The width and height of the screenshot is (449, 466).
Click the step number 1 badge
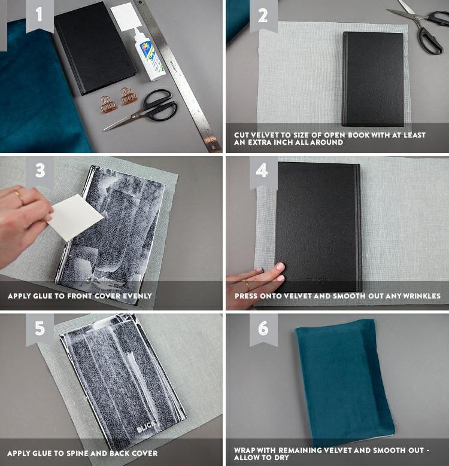(x=40, y=16)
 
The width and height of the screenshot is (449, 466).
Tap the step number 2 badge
(x=263, y=16)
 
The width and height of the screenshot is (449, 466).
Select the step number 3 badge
(x=40, y=172)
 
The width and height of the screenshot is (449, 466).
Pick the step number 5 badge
(x=40, y=329)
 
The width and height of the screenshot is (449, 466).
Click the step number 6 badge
(x=263, y=329)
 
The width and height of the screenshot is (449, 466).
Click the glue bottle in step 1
(x=148, y=54)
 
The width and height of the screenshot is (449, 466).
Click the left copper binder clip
(x=107, y=105)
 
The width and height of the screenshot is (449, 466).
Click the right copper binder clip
(x=128, y=96)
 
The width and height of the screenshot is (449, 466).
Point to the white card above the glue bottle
(x=126, y=17)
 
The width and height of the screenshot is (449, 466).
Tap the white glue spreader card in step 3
(x=75, y=217)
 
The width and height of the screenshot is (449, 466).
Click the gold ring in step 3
(x=17, y=195)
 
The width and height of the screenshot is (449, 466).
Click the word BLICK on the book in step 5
(x=145, y=427)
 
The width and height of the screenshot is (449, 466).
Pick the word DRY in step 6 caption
(x=281, y=458)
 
